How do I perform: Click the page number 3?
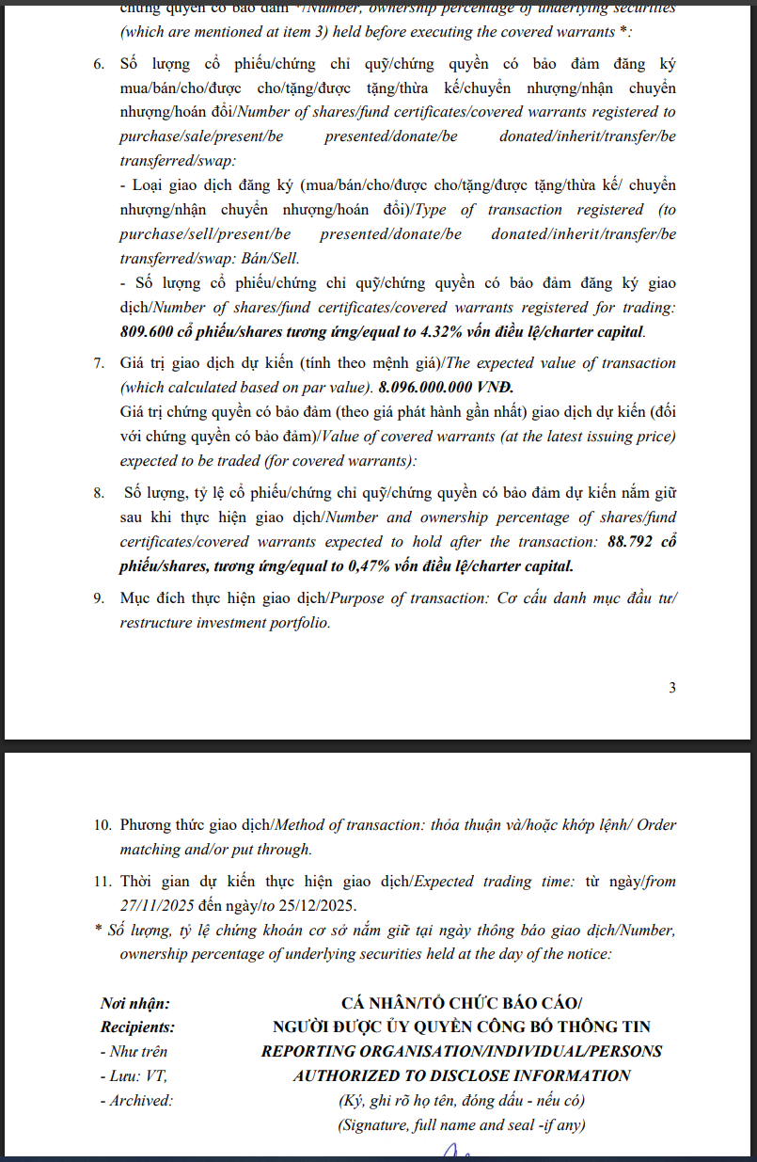point(671,688)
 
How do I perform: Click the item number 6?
point(99,65)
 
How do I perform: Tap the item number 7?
point(99,363)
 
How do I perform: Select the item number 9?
point(99,598)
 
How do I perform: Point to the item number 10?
point(102,825)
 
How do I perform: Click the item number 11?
point(102,882)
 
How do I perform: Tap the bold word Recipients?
point(137,1027)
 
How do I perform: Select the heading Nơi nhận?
point(135,1004)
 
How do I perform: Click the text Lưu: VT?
point(134,1075)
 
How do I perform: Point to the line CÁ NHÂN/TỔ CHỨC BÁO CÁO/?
point(461,1004)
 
